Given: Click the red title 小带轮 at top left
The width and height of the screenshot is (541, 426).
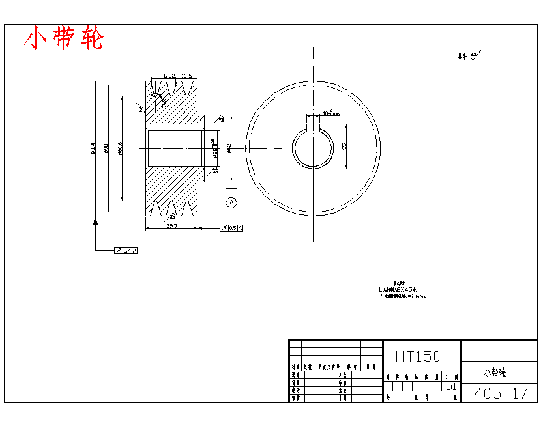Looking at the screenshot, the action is click(63, 39).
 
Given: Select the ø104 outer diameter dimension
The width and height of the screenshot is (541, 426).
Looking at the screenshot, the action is click(93, 149).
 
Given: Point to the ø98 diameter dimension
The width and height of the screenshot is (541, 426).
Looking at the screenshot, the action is click(106, 149).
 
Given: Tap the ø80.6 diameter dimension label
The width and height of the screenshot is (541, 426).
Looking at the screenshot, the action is click(120, 149).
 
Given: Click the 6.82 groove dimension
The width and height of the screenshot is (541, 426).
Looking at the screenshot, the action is click(169, 76).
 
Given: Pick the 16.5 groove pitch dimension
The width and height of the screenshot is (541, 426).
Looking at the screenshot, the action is click(186, 76).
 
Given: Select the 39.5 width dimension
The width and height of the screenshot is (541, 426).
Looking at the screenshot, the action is click(171, 225).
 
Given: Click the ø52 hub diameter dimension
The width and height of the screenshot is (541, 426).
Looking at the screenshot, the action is click(229, 149).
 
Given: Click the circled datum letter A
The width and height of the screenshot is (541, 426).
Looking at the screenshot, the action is click(231, 203).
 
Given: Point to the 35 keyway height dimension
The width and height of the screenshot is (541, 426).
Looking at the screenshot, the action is click(344, 146).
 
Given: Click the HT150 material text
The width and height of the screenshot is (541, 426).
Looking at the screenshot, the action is click(417, 356).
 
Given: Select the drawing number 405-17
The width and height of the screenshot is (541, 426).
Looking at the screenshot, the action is click(501, 393).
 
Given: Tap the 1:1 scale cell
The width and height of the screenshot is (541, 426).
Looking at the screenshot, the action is click(450, 386).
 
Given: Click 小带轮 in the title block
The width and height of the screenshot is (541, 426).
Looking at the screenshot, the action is click(495, 373).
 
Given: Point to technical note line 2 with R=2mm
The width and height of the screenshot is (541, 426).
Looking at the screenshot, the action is click(402, 296).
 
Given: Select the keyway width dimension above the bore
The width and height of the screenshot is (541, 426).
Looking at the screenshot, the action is click(330, 113).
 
